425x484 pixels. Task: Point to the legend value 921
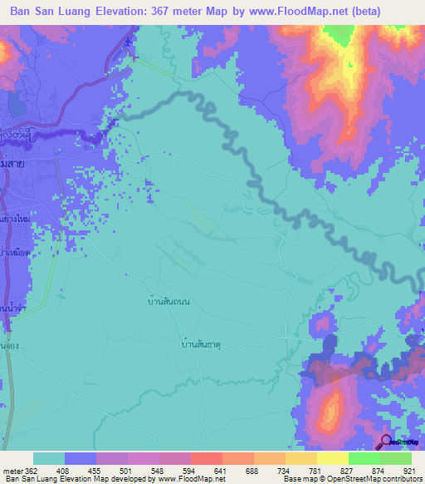(408, 470)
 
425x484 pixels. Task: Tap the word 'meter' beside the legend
(12, 470)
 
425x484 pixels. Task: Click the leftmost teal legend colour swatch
(49, 458)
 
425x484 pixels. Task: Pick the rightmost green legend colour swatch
(396, 458)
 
